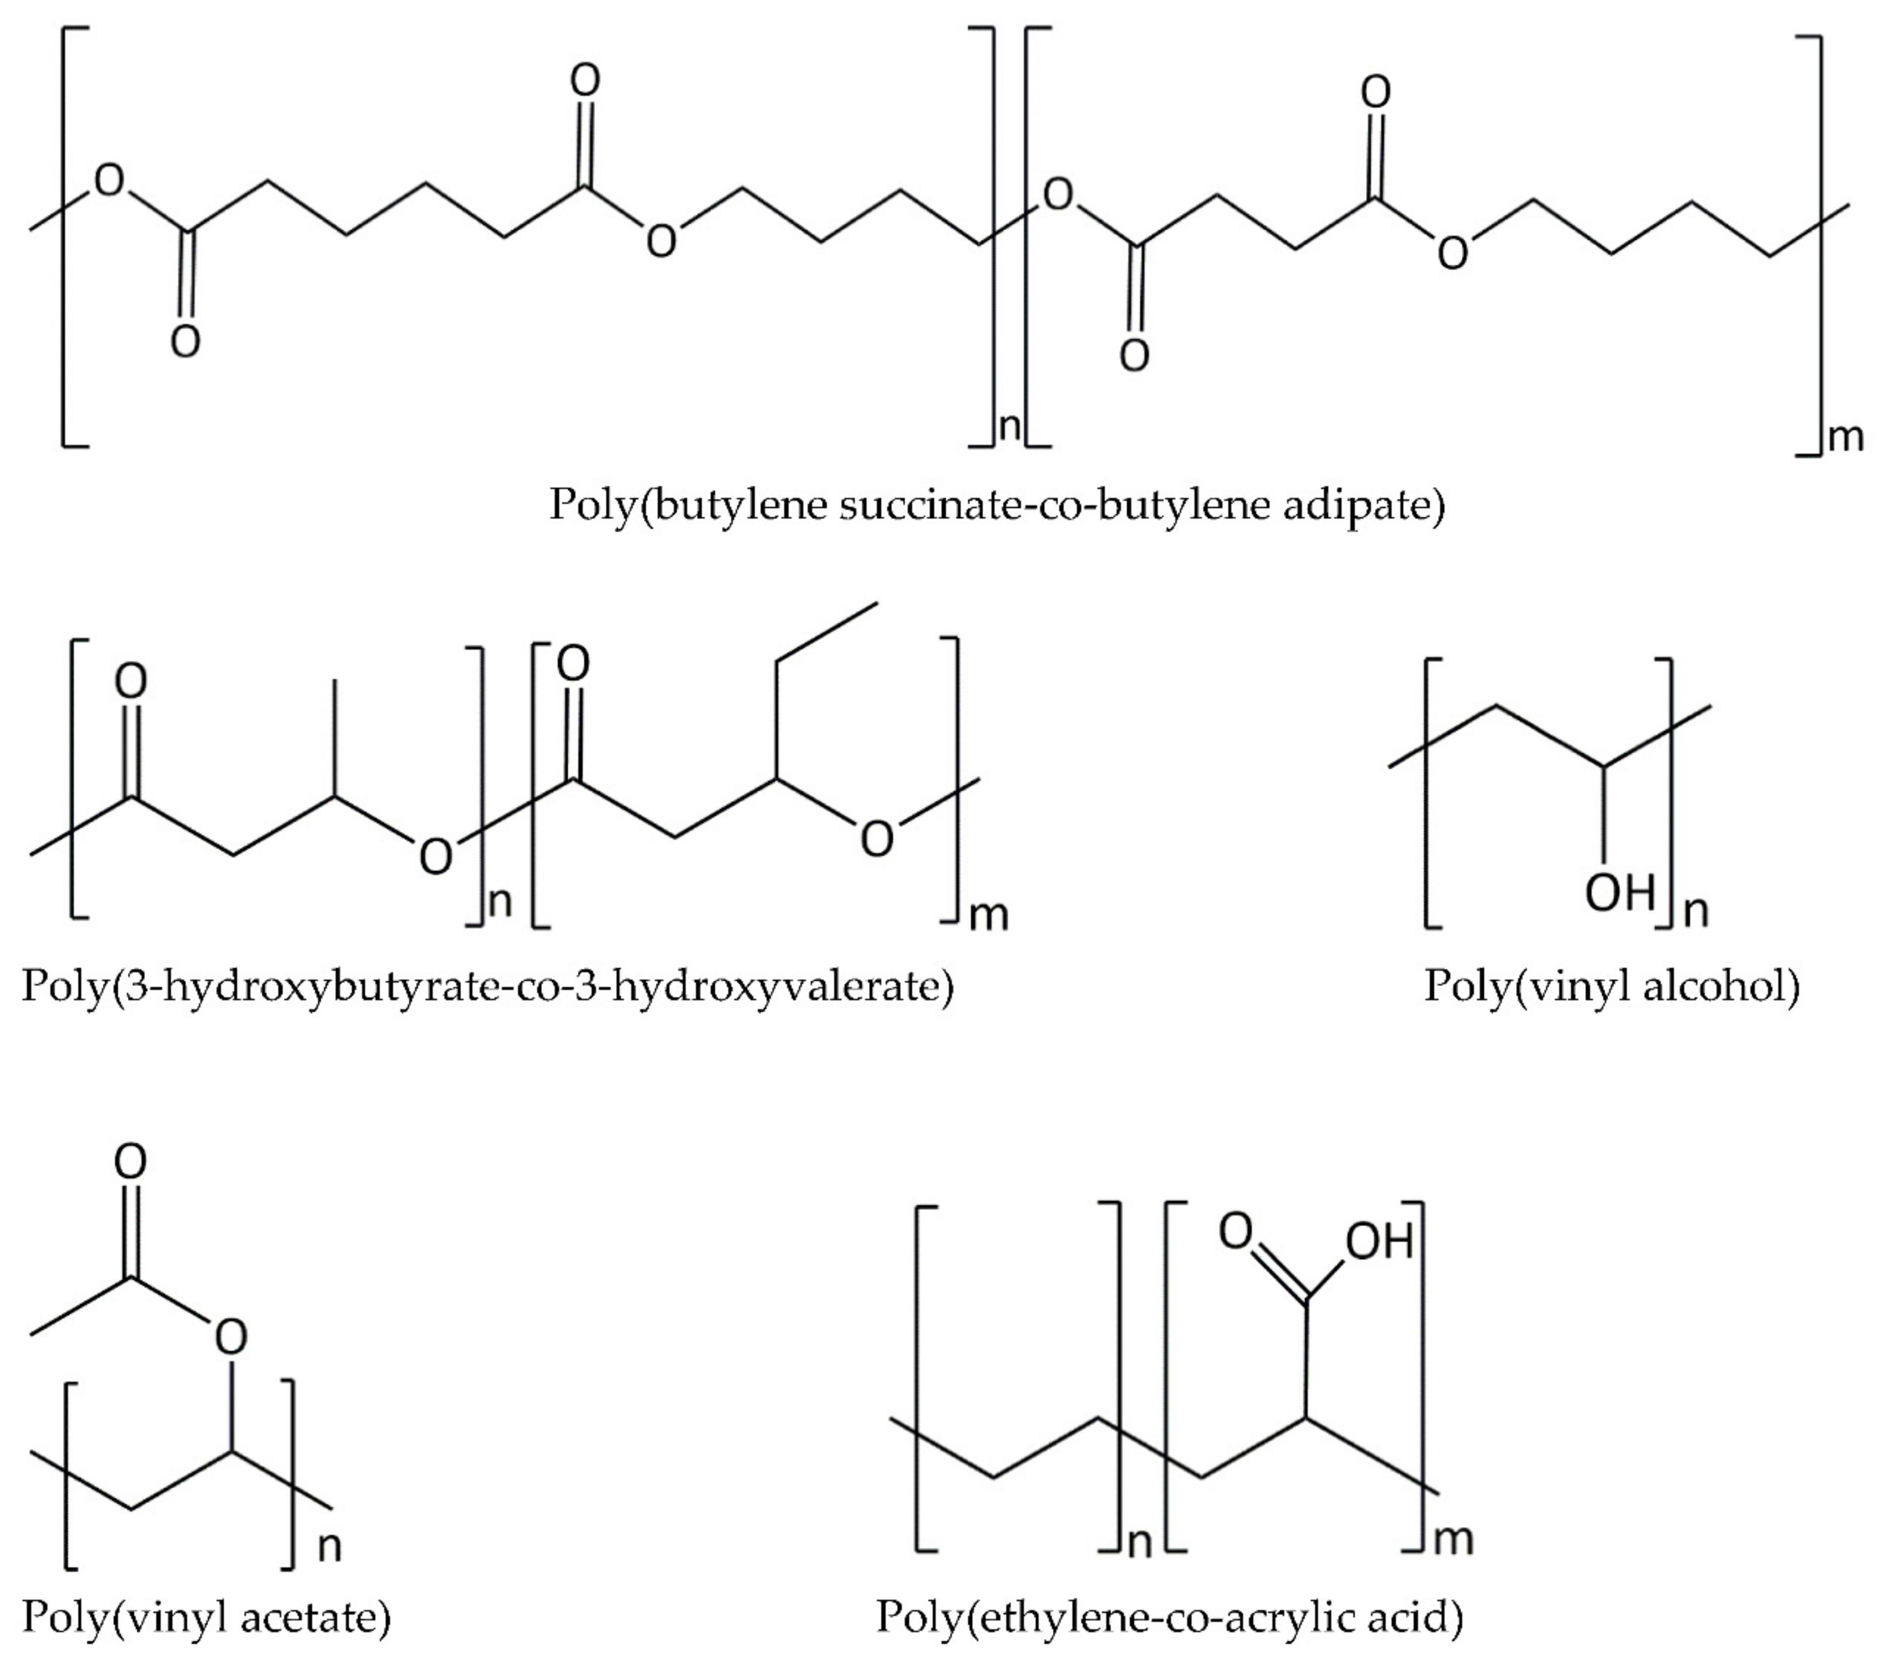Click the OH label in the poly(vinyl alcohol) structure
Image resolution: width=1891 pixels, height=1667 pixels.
click(x=1619, y=893)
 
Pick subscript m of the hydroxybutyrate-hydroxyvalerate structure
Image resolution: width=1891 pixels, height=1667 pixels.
click(x=988, y=915)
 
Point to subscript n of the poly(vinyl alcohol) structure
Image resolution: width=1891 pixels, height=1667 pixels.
click(x=1695, y=911)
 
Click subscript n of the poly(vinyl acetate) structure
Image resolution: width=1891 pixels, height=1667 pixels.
click(x=330, y=1546)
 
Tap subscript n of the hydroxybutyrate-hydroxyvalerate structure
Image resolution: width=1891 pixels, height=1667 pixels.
click(x=499, y=902)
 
